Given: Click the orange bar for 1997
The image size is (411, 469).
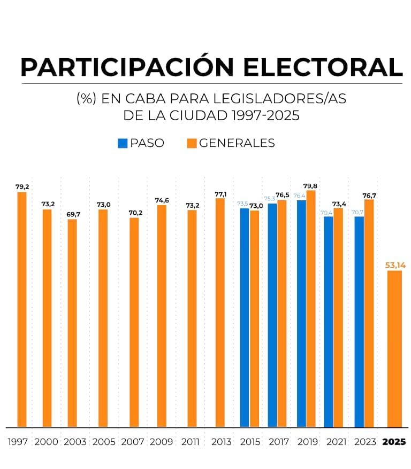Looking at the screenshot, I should tap(22, 310).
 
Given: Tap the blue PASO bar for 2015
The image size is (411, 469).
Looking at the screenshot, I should tap(245, 318).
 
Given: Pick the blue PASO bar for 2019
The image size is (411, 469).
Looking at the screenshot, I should tap(301, 314).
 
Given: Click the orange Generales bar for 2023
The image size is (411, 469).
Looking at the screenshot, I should tap(369, 313).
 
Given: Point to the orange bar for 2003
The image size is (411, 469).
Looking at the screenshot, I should tap(72, 323).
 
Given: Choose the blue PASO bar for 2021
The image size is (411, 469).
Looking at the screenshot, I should tap(329, 322).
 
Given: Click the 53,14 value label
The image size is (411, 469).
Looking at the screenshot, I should tap(394, 264).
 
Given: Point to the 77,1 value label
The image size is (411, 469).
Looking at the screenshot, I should tap(220, 194).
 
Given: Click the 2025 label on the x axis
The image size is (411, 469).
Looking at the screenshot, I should tap(394, 442).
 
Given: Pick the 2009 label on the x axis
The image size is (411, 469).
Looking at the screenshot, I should tap(162, 442).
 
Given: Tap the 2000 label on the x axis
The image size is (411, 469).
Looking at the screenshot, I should tap(47, 442).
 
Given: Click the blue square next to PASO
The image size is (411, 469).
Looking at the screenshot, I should tap(123, 143).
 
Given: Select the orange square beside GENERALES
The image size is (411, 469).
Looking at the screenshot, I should tap(192, 143).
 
